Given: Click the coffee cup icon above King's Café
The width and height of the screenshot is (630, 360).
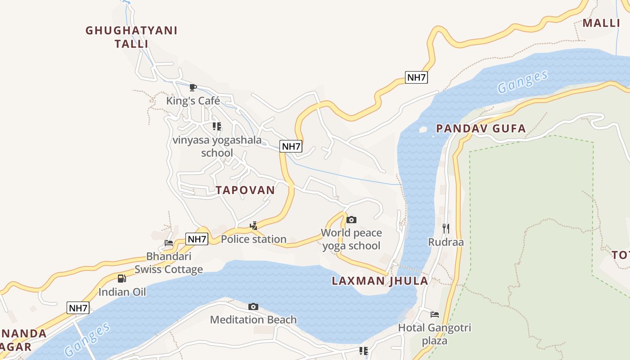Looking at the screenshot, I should click(193, 87).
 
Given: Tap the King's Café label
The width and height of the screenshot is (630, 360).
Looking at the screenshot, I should click(193, 100).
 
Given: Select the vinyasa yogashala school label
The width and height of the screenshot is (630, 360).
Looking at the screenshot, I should click(217, 146).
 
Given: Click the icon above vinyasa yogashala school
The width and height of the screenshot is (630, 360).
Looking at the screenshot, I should click(217, 126).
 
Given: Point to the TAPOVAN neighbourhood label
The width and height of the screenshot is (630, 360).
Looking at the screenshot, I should click(245, 190).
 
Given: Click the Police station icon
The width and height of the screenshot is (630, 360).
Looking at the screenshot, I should click(254, 225).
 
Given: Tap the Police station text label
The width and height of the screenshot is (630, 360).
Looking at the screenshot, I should click(254, 239).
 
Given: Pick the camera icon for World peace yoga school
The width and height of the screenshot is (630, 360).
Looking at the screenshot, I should click(351, 220).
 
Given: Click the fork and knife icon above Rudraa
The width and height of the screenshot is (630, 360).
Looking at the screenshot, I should click(446, 229).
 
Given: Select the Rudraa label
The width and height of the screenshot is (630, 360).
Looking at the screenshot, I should click(446, 242).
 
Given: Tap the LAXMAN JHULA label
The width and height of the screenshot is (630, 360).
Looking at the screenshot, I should click(380, 281).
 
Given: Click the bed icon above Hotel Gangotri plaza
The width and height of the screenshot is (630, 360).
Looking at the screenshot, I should click(435, 315).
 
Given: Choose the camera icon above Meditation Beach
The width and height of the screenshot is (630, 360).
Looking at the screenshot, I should click(253, 306).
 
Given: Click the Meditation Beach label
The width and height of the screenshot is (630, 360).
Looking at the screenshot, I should click(253, 320).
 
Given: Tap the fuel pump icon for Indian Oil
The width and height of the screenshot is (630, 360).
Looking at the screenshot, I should click(122, 279).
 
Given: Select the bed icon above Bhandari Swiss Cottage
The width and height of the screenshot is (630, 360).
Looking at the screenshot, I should click(169, 243).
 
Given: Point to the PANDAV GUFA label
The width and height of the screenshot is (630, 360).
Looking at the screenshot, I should click(481, 129).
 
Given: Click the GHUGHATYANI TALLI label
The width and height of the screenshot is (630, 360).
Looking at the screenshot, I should click(131, 37).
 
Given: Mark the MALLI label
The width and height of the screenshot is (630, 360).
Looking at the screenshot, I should click(601, 23).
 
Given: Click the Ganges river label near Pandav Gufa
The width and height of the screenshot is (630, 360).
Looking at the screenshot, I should click(523, 81).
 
